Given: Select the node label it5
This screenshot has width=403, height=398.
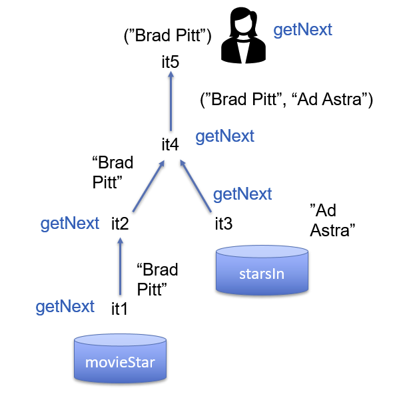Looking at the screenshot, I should [171, 63].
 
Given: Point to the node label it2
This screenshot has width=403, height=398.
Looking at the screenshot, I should [120, 223].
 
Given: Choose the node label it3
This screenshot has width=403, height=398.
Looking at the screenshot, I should [224, 224].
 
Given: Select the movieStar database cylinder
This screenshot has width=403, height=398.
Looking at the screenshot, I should [120, 359].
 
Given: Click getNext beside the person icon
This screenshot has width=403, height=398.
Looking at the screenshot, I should [303, 30].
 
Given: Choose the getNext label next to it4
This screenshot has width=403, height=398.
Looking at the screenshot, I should [224, 136].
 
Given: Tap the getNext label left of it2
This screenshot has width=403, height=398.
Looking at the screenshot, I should [70, 224].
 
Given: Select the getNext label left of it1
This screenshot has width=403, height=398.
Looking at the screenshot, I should [65, 307].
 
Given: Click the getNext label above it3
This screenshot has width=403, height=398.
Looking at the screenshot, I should [242, 194].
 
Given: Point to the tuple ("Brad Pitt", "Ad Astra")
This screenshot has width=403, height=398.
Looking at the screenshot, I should [286, 100].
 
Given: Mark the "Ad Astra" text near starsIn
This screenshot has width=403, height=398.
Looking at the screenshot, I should [333, 220].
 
